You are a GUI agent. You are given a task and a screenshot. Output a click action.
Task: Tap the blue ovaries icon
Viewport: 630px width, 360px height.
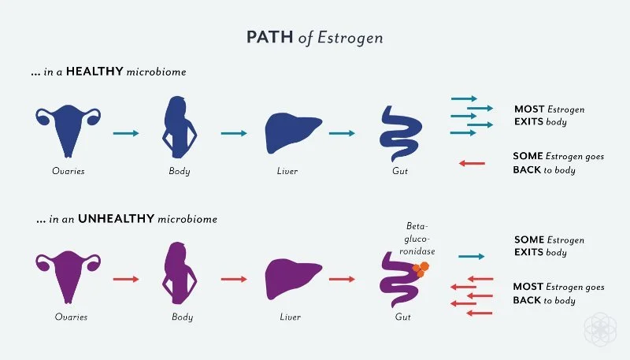[x=69, y=126]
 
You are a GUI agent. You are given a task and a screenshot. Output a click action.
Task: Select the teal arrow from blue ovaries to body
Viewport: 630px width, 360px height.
[x=126, y=133]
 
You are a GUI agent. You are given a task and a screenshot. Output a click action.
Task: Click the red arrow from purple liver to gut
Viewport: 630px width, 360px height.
[x=341, y=279]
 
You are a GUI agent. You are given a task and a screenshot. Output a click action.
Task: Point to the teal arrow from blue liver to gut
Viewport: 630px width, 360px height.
[x=341, y=133]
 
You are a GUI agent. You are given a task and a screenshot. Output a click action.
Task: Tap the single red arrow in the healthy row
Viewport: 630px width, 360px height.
[x=472, y=163]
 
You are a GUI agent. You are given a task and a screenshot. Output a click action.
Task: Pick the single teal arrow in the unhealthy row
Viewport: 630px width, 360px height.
[x=471, y=256]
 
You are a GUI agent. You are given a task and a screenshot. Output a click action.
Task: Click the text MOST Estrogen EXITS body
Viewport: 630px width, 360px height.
[x=549, y=116]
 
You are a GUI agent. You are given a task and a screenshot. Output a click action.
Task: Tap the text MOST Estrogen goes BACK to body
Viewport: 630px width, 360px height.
[x=558, y=294]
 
